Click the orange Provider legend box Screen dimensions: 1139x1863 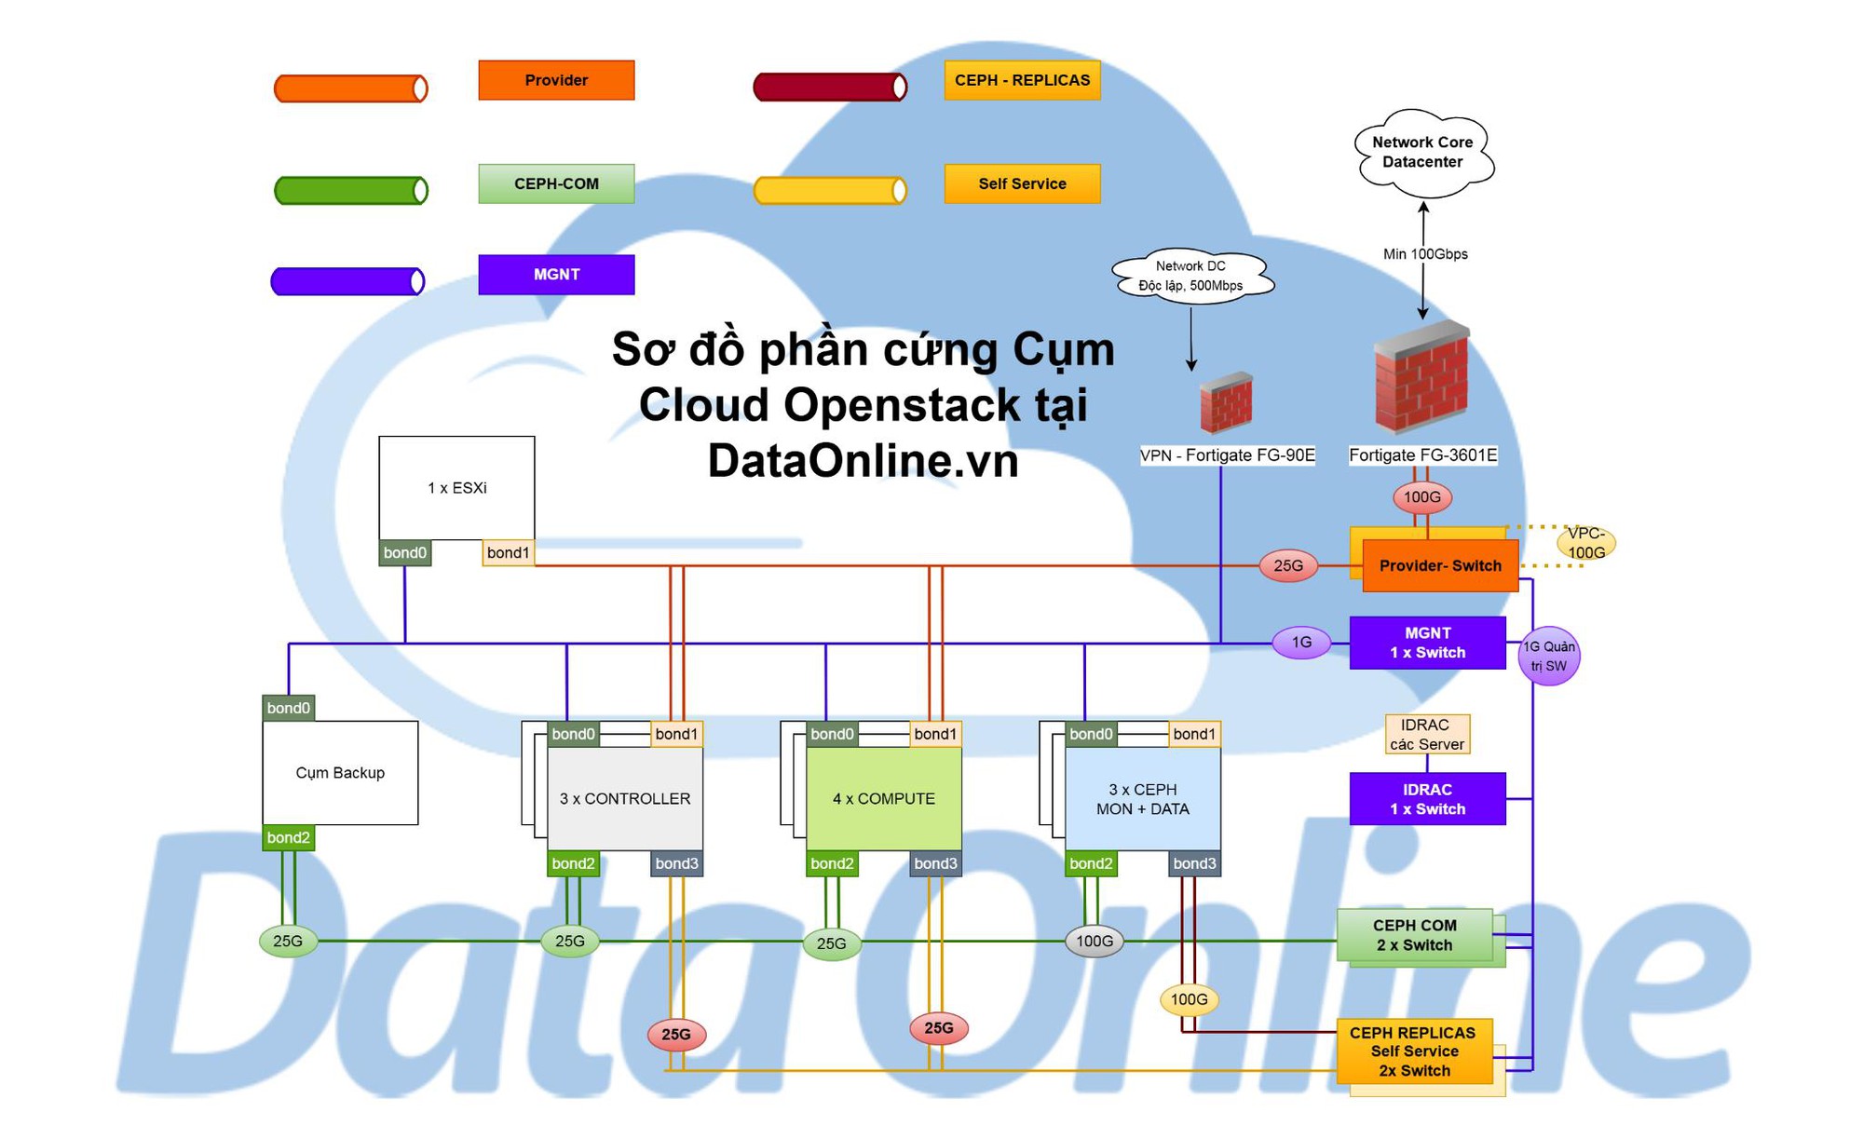(x=556, y=80)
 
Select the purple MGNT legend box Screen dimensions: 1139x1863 (x=556, y=275)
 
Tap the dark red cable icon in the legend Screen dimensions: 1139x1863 (x=829, y=88)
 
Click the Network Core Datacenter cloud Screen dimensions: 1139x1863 (x=1422, y=153)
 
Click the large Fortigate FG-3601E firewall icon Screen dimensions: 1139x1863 (x=1421, y=377)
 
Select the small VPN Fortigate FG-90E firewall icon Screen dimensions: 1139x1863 (x=1226, y=403)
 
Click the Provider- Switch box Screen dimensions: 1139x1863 (x=1439, y=566)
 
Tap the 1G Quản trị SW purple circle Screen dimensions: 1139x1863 (x=1548, y=657)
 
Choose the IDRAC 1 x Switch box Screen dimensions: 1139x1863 (x=1427, y=799)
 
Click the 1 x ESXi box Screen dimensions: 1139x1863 (x=456, y=488)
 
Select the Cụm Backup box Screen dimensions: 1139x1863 (x=340, y=773)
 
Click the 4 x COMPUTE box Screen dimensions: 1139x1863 (x=883, y=799)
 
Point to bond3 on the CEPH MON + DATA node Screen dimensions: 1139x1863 (x=1194, y=864)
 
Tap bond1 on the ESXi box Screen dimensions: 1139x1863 (x=508, y=553)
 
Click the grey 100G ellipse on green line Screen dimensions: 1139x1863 (x=1094, y=942)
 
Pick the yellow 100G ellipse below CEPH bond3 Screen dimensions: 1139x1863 (x=1189, y=1000)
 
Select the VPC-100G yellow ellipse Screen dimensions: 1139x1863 (x=1585, y=543)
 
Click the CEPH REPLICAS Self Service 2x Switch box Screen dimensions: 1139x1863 (x=1414, y=1051)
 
